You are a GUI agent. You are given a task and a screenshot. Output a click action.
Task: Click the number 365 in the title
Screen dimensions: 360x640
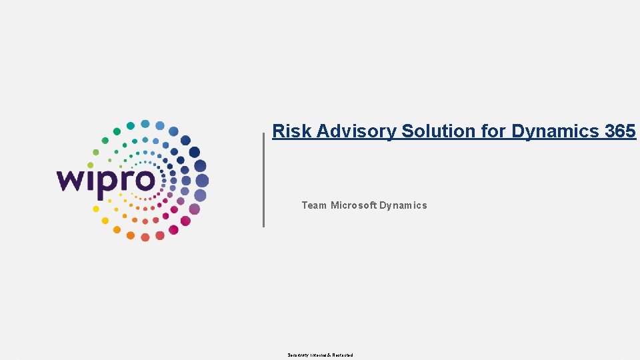[x=621, y=131]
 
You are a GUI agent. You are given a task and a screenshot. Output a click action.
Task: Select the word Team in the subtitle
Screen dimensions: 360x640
[x=314, y=205]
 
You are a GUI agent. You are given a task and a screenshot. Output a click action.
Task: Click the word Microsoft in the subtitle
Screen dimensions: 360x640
[x=353, y=205]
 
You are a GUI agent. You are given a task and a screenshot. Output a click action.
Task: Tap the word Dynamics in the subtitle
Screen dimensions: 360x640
[x=403, y=205]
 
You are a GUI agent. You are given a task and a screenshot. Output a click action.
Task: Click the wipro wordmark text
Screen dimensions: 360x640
[x=106, y=180]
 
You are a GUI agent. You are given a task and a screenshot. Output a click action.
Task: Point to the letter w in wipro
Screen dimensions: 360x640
[x=70, y=181]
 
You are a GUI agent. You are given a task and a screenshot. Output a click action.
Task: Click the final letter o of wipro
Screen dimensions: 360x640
[x=145, y=181]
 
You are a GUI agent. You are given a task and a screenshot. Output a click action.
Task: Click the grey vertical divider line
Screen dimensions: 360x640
[x=263, y=180]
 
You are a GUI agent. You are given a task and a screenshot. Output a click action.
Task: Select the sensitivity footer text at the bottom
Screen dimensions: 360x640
[x=320, y=355]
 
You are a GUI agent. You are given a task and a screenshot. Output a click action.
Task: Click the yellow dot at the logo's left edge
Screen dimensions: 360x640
[x=96, y=209]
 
